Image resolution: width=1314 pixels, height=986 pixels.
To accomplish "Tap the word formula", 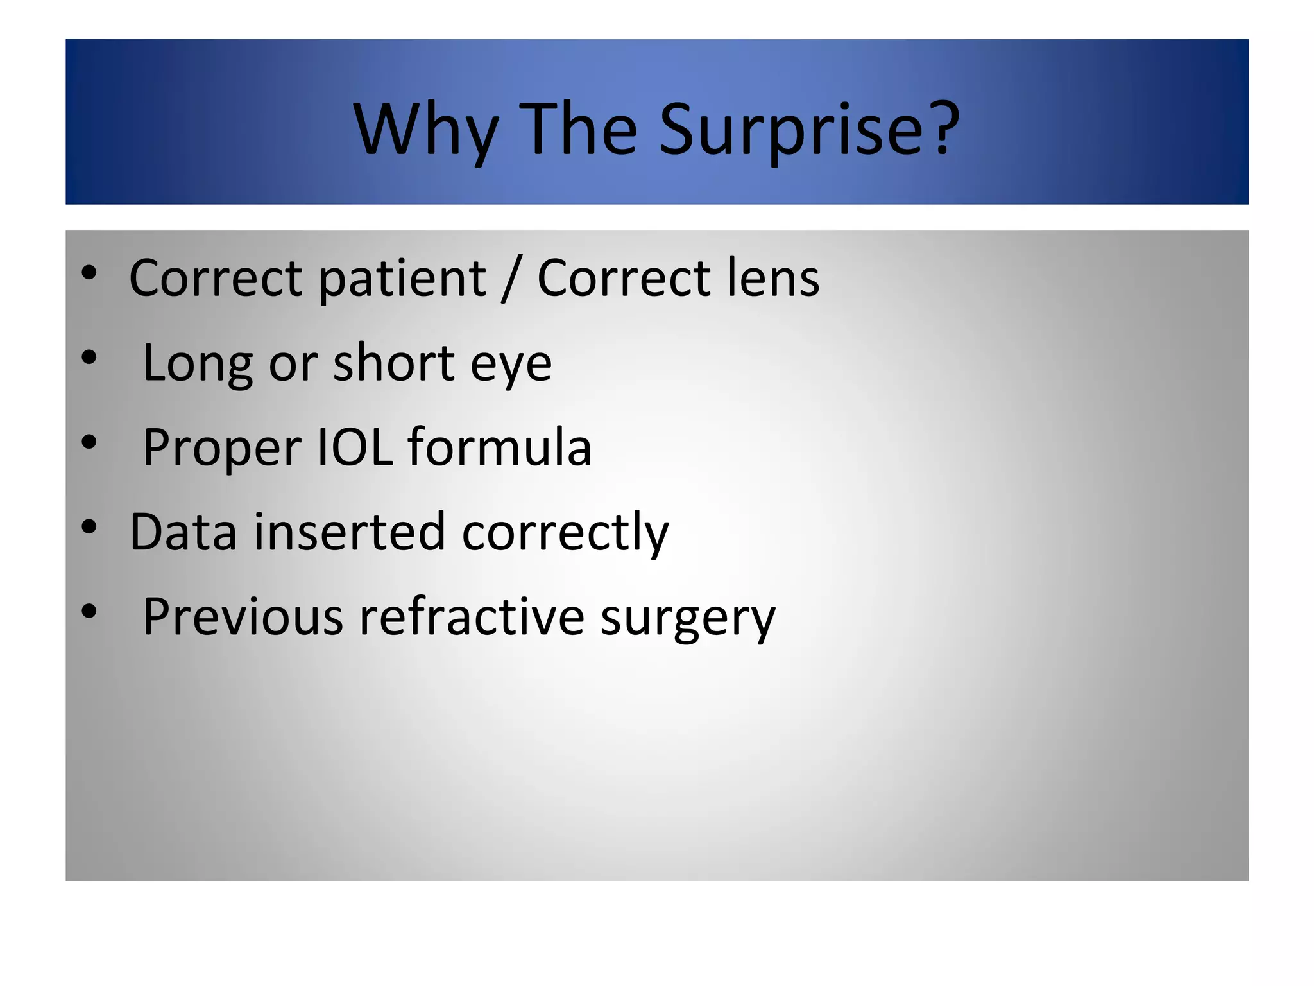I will point(499,447).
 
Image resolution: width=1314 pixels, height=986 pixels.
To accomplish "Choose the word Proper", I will point(222,449).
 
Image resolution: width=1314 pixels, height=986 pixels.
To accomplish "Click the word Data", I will point(183,532).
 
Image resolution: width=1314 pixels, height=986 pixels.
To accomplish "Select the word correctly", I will point(565,533).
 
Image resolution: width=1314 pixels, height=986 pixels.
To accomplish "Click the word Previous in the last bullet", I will point(243,617).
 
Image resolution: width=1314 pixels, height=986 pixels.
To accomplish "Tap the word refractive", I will point(472,617).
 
